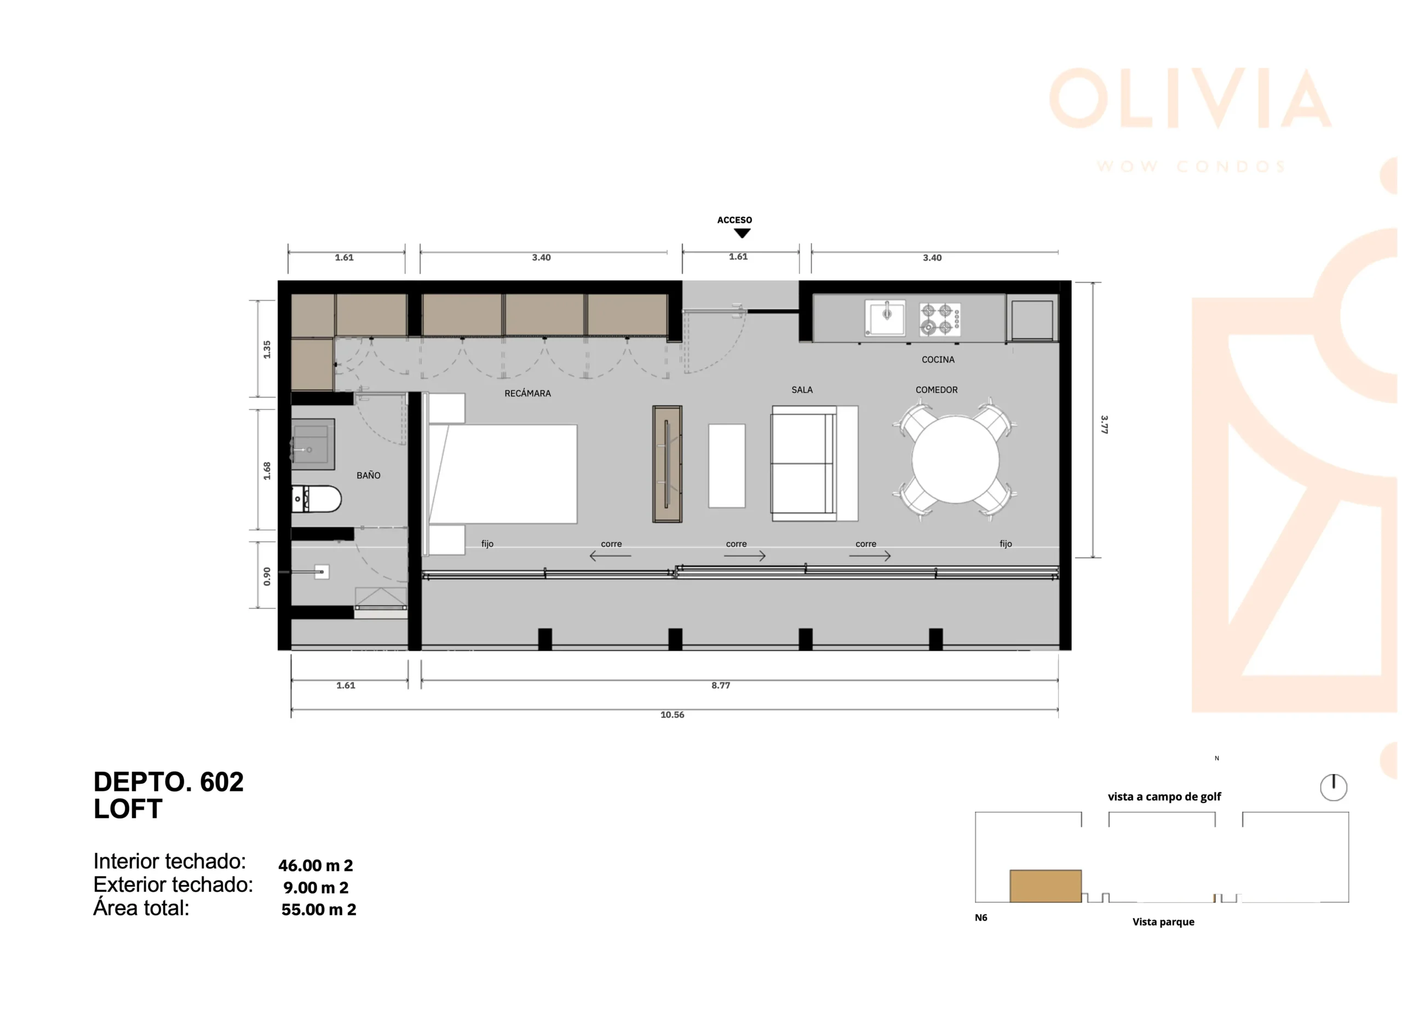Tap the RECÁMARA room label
[x=527, y=393]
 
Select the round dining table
[x=955, y=459]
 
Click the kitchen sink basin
[x=884, y=318]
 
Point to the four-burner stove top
[x=940, y=319]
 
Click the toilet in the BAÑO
[x=316, y=499]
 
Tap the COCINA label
[x=938, y=360]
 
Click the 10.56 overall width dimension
[x=672, y=715]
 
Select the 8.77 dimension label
[x=721, y=685]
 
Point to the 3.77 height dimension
[x=1104, y=424]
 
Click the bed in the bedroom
[x=502, y=474]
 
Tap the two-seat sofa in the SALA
[x=814, y=464]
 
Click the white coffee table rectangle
[x=726, y=466]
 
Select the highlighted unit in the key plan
[x=1045, y=886]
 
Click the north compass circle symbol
[x=1334, y=787]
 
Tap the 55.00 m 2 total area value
[x=318, y=910]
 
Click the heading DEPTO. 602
[x=169, y=782]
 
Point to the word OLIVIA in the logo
[x=1190, y=99]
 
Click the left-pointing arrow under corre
[x=610, y=556]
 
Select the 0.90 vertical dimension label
[x=267, y=576]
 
